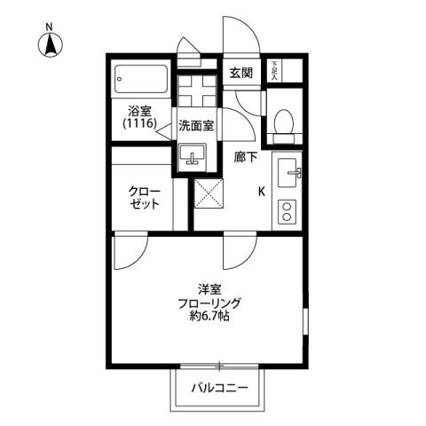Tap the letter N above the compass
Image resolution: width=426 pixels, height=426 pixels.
50,27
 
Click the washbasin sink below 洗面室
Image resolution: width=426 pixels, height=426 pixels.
193,157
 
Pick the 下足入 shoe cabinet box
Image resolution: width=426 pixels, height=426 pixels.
276,69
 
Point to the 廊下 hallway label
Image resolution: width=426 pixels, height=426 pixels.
246,156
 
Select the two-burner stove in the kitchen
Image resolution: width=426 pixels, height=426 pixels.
288,211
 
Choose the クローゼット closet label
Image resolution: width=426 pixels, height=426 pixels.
145,198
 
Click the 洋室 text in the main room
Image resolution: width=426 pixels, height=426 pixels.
210,288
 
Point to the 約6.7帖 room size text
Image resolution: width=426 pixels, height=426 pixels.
210,316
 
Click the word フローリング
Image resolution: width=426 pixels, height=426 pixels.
210,303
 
